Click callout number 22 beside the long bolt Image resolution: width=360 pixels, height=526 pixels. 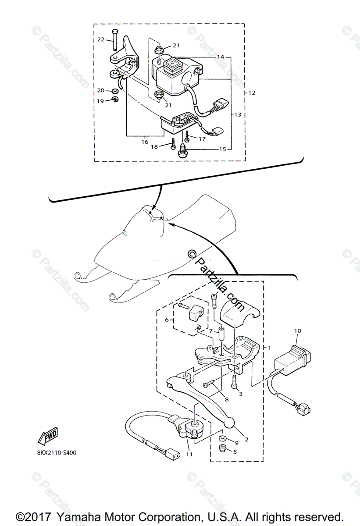point(101,39)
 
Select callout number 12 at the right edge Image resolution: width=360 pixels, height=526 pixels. point(251,93)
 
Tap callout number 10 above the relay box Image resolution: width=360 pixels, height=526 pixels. point(298,331)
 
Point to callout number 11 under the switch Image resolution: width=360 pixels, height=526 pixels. point(189,454)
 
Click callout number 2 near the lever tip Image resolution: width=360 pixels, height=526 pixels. point(246,439)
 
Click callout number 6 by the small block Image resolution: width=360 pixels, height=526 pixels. point(167,320)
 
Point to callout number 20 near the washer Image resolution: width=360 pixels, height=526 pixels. point(100,91)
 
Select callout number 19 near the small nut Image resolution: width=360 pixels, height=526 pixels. point(100,101)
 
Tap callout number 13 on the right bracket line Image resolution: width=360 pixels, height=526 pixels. point(237,115)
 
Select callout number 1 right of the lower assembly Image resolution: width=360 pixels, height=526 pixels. point(269,347)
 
